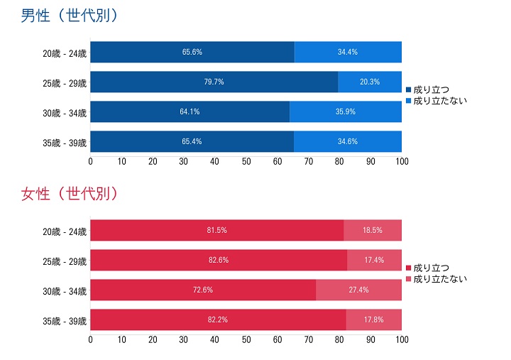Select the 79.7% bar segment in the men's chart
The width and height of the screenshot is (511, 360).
(x=214, y=82)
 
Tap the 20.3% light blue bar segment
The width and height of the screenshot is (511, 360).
(x=370, y=82)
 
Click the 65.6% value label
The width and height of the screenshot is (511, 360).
(x=192, y=53)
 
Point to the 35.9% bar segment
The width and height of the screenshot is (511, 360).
(x=346, y=112)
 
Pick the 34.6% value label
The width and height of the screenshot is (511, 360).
(x=348, y=142)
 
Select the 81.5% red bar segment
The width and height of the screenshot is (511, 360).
(x=216, y=231)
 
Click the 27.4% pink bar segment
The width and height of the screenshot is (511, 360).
(x=359, y=290)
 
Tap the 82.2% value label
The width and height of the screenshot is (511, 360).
(x=217, y=320)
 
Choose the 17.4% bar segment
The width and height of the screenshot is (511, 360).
(x=375, y=261)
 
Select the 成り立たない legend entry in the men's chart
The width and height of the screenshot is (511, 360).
(x=436, y=102)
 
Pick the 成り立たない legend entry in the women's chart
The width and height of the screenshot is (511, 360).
(x=436, y=279)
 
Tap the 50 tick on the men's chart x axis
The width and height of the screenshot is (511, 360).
(x=246, y=162)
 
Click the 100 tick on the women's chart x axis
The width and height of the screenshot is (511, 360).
(x=402, y=340)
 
